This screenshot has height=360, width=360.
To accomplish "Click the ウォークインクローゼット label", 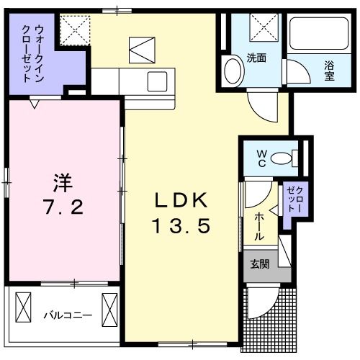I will [30, 52].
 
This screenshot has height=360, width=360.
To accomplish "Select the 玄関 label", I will [259, 264].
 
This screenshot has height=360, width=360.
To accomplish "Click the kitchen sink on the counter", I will [158, 81].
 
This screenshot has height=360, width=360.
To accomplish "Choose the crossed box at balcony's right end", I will [110, 307].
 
